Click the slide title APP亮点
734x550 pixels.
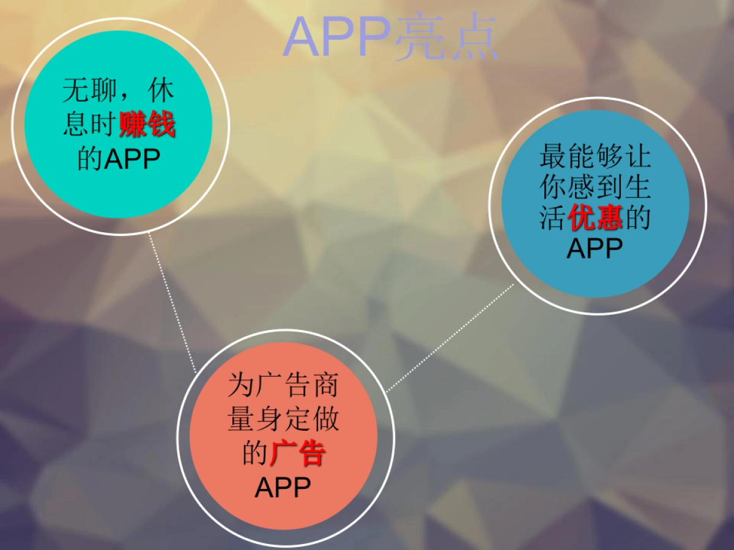pyautogui.click(x=391, y=37)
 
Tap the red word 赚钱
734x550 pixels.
pyautogui.click(x=147, y=124)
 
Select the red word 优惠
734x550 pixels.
pyautogui.click(x=595, y=218)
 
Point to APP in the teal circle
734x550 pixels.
pyautogui.click(x=132, y=159)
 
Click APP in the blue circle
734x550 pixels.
pyautogui.click(x=595, y=248)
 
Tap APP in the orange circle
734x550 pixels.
pyautogui.click(x=283, y=487)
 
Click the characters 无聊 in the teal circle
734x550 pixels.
pyautogui.click(x=90, y=90)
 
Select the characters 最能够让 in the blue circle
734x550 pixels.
pyautogui.click(x=595, y=156)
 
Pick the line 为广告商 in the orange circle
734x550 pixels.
pyautogui.click(x=283, y=385)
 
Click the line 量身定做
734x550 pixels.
pyautogui.click(x=283, y=419)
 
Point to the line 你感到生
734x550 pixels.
pyautogui.click(x=595, y=186)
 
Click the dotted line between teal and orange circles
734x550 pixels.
pyautogui.click(x=172, y=302)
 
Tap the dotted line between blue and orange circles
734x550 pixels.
pyautogui.click(x=450, y=337)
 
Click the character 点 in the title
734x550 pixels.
pyautogui.click(x=473, y=37)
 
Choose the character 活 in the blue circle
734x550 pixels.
pyautogui.click(x=553, y=218)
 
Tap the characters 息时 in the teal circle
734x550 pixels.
pyautogui.click(x=90, y=124)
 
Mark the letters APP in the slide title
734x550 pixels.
pyautogui.click(x=338, y=37)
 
